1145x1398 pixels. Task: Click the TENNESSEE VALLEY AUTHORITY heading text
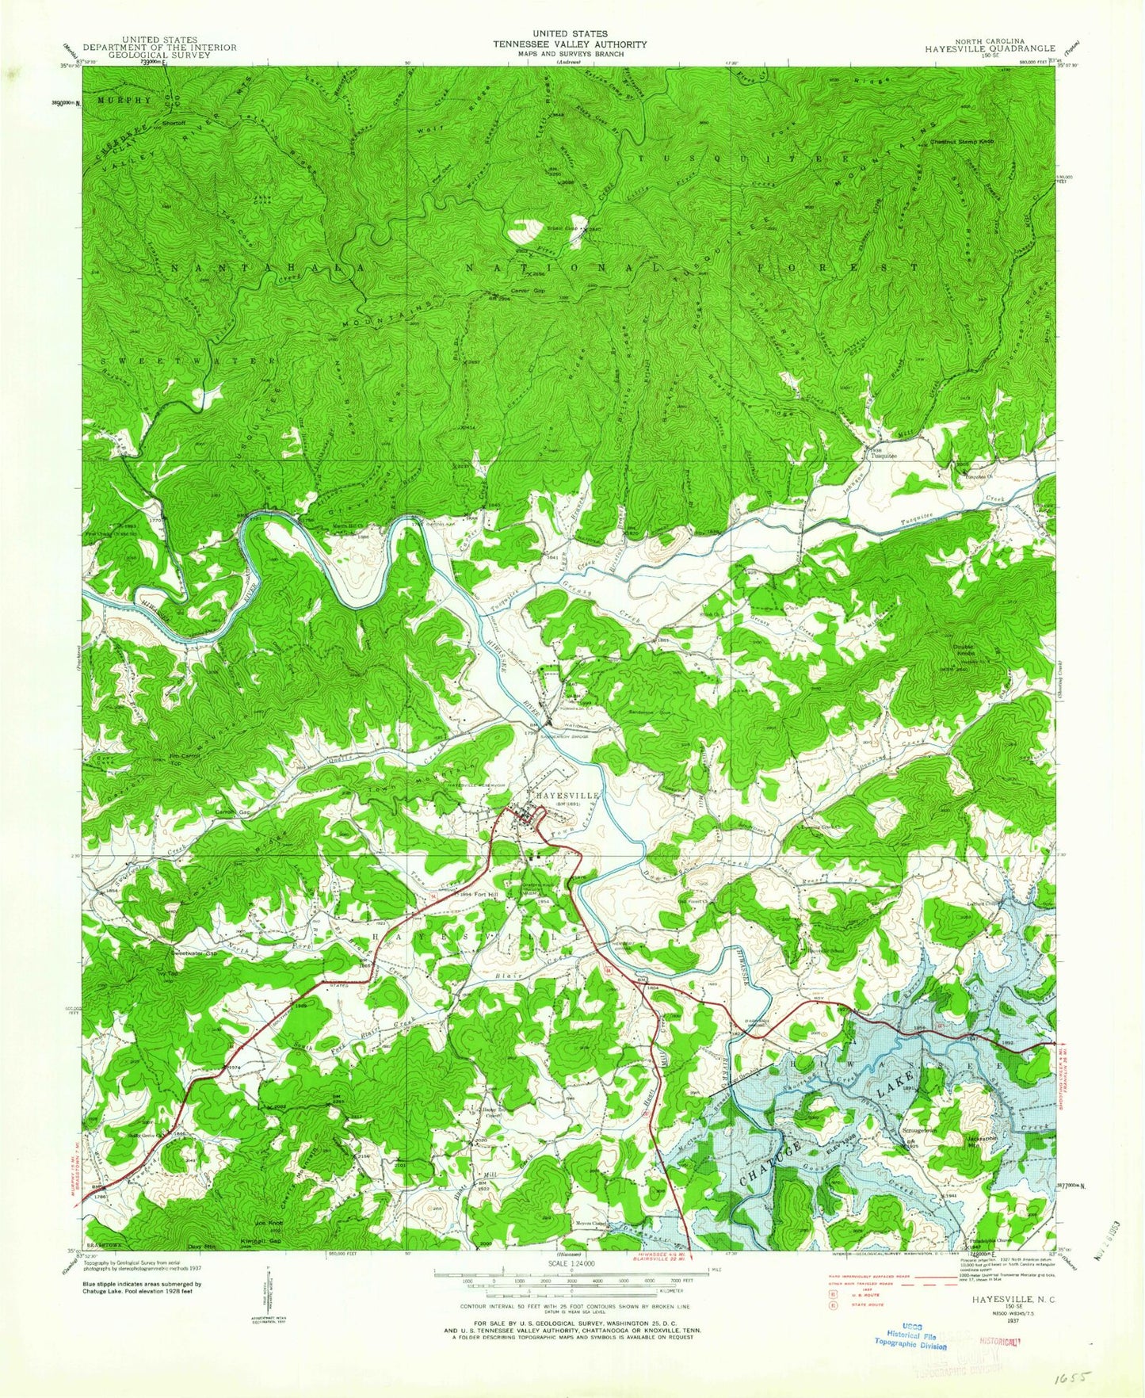pos(570,44)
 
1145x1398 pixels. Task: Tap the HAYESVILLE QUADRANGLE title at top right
pos(990,48)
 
